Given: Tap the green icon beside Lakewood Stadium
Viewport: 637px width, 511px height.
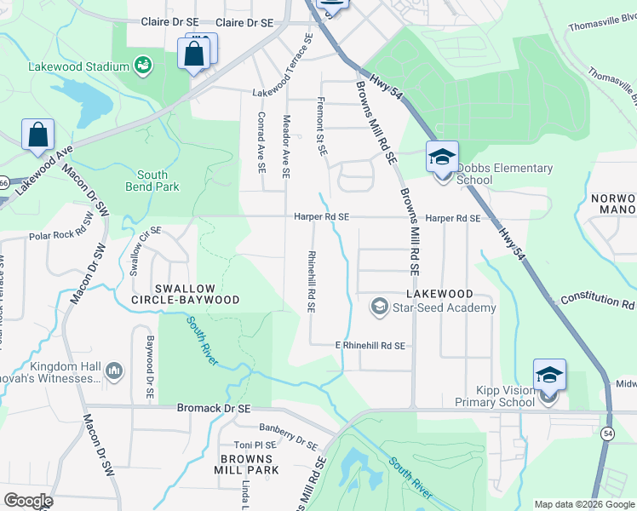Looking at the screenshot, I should click(143, 66).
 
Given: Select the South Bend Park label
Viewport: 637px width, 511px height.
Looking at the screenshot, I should click(152, 181).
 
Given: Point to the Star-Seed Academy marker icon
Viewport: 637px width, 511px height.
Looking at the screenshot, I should click(378, 305).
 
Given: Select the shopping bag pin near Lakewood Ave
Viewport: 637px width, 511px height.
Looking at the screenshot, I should click(37, 135).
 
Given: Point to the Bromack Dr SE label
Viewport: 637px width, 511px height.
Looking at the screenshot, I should click(214, 409).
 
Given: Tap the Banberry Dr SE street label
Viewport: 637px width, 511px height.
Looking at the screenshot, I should click(288, 438).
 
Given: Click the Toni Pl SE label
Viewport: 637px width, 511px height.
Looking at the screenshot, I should click(255, 445).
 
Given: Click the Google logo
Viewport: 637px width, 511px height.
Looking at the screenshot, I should click(28, 501).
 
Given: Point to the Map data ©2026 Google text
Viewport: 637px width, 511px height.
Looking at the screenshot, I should click(583, 504).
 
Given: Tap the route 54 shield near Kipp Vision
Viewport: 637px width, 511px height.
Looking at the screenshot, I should click(608, 434).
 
